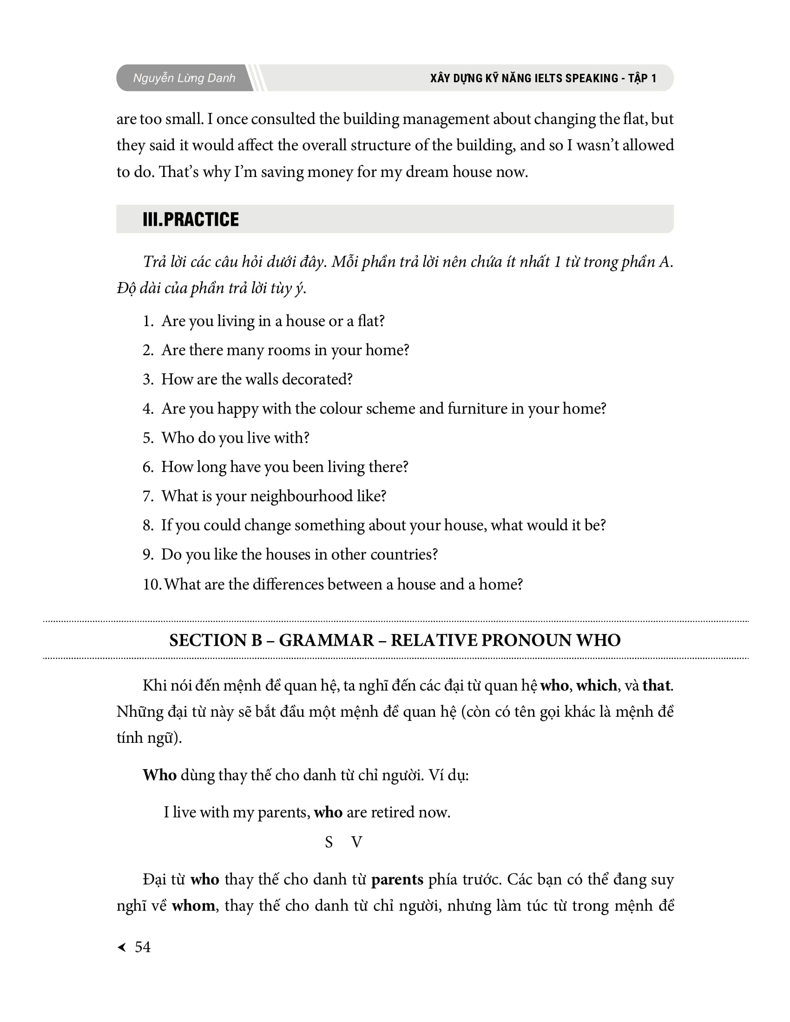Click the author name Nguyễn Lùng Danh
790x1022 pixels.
(x=184, y=78)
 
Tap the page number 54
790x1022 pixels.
(x=142, y=947)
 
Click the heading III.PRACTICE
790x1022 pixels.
(x=191, y=219)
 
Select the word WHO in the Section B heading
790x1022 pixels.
(x=598, y=640)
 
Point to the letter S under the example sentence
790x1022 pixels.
(x=329, y=842)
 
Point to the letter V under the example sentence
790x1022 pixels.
(x=356, y=842)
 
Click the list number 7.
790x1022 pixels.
(x=148, y=496)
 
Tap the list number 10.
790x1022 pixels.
(x=151, y=584)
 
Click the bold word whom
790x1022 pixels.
(x=193, y=905)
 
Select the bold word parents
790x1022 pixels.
(x=397, y=879)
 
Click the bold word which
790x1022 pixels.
(x=596, y=685)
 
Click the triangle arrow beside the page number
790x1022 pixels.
(x=122, y=947)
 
